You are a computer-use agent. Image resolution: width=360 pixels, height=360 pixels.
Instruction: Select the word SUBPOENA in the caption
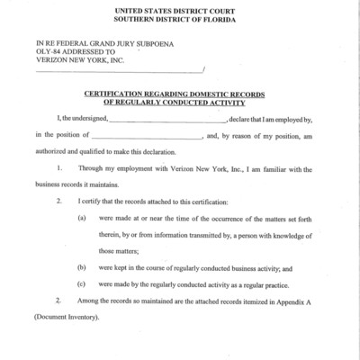point(155,42)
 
